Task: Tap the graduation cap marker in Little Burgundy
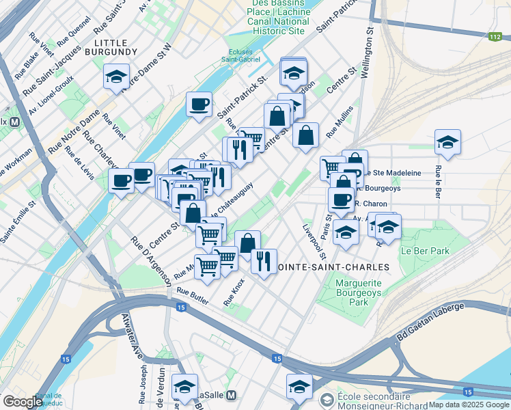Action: (x=117, y=77)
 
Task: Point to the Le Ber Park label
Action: (x=425, y=251)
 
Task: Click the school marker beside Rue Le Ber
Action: (x=447, y=142)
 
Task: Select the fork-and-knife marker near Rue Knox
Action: (x=263, y=261)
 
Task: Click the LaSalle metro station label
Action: (x=217, y=396)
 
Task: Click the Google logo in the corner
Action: (x=23, y=402)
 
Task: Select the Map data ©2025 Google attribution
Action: (x=469, y=405)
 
